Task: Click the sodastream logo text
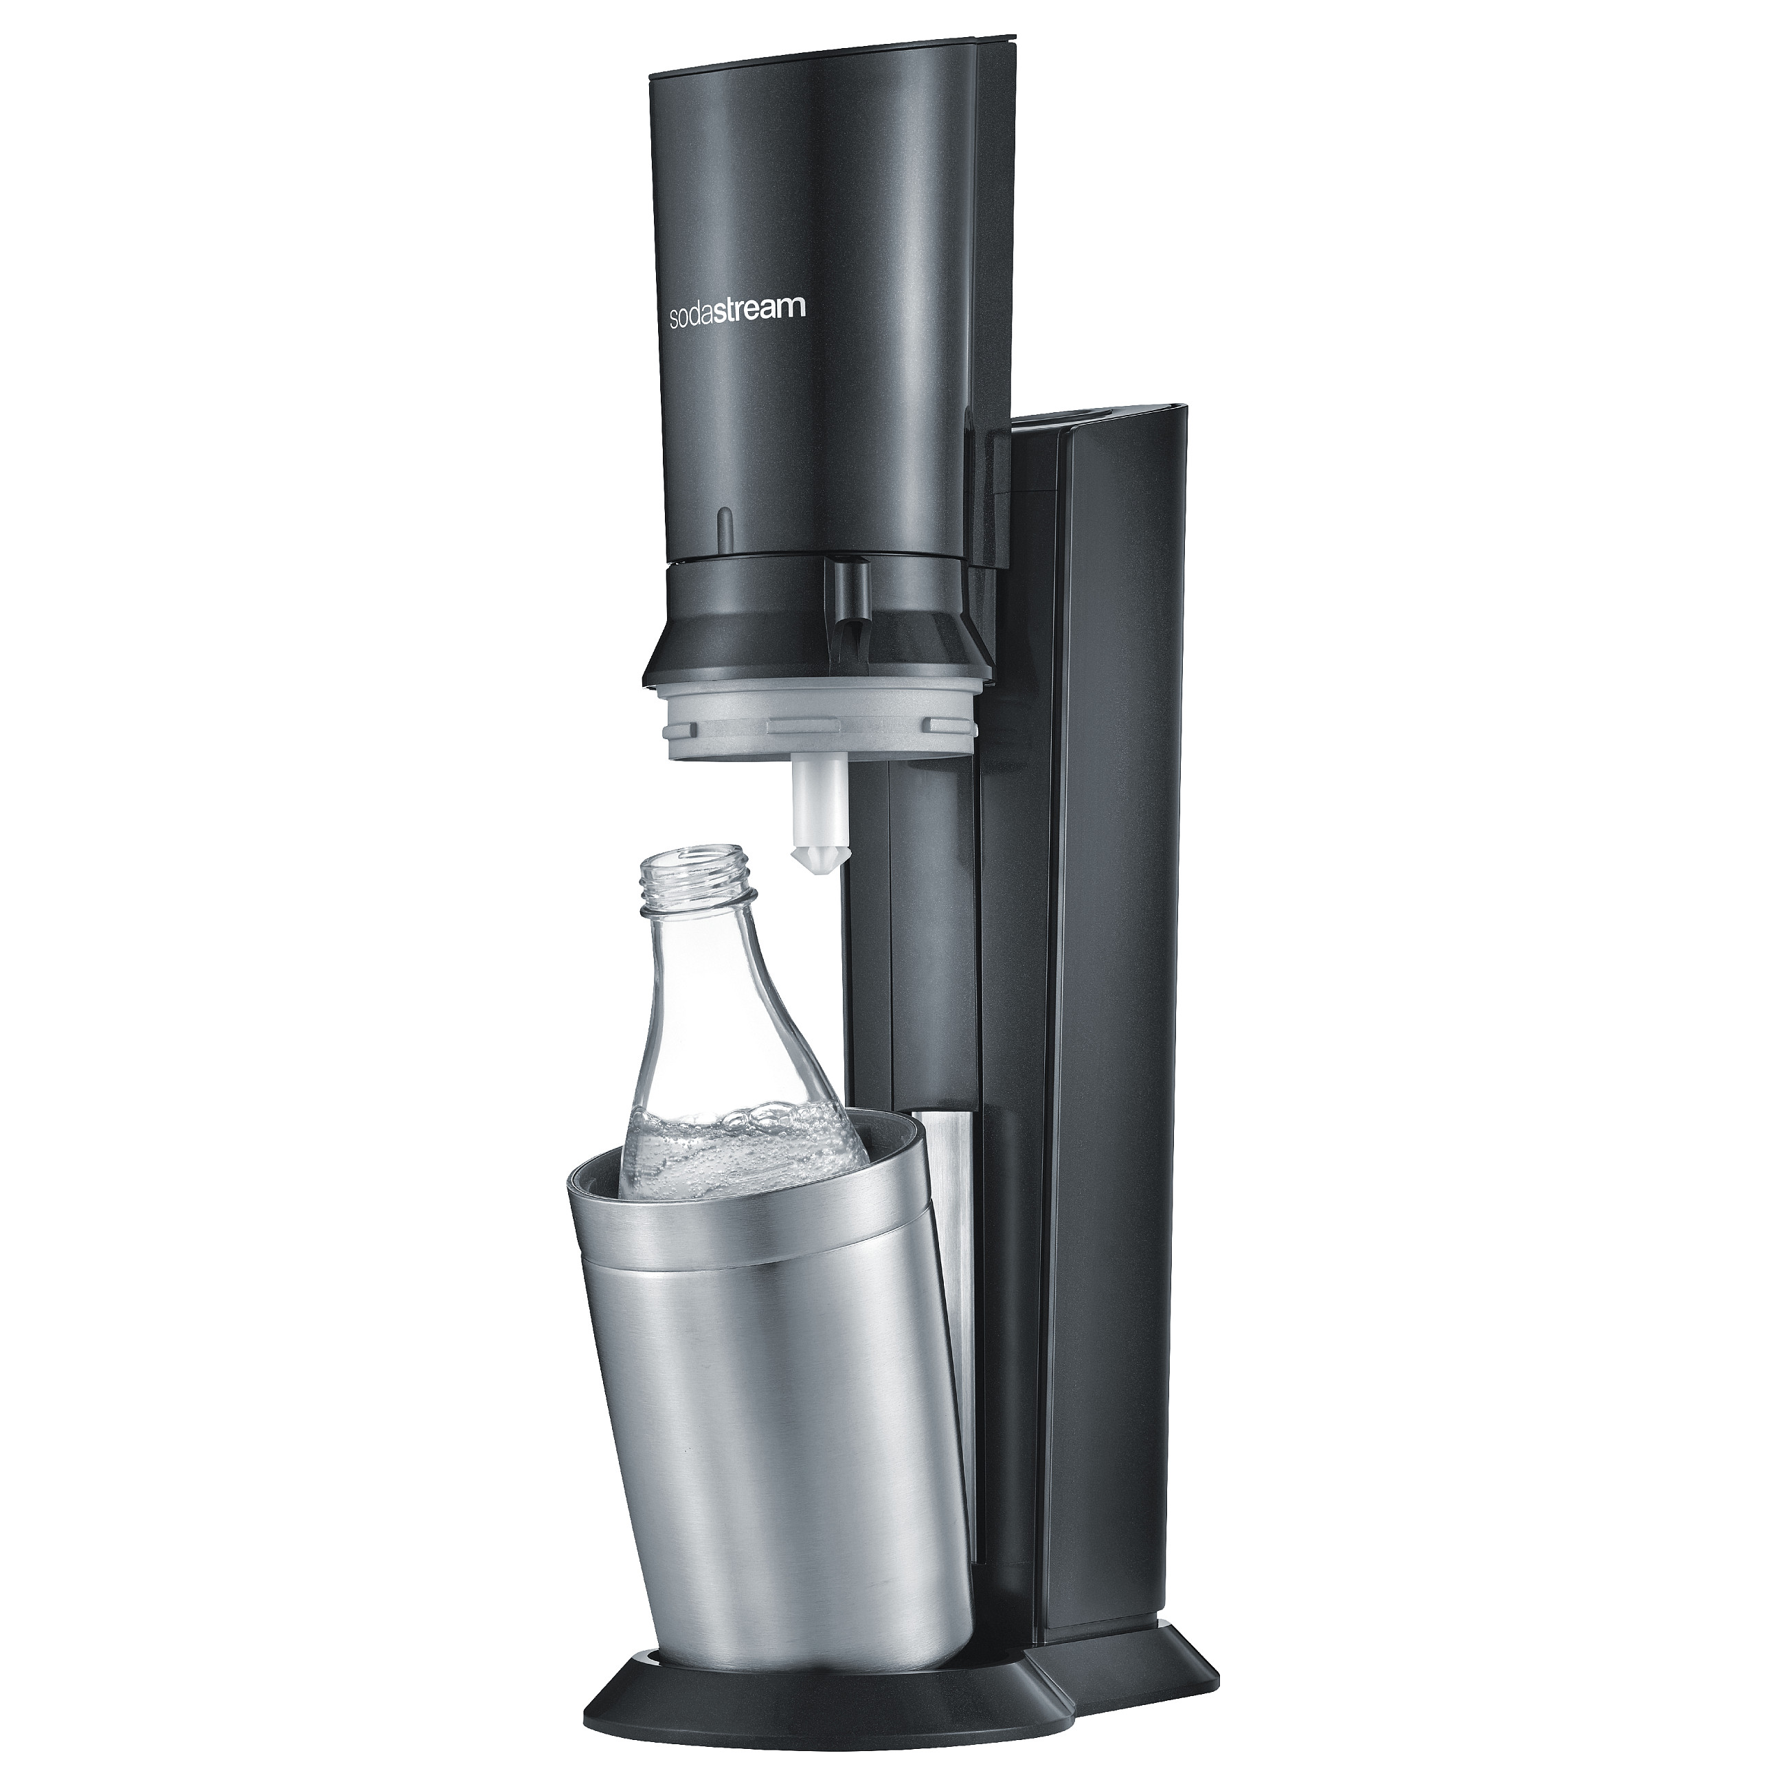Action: coord(737,310)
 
